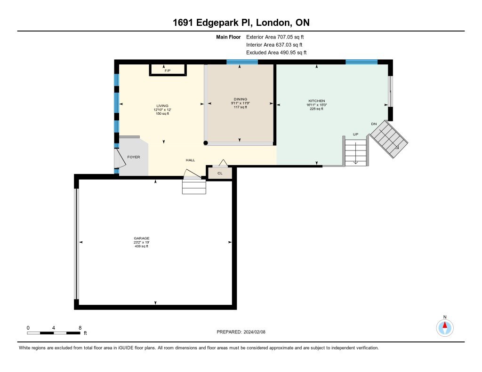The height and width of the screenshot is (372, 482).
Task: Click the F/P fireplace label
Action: (x=168, y=71)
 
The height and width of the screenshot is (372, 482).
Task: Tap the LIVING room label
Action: (x=162, y=106)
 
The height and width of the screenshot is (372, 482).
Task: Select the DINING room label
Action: (x=241, y=99)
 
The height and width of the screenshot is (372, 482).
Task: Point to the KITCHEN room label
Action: (x=317, y=101)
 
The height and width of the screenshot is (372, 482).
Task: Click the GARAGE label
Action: (x=142, y=238)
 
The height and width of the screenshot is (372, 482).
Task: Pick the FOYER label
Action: (x=134, y=157)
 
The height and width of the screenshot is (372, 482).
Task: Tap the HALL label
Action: (x=190, y=160)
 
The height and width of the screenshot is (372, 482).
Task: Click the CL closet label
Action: (x=220, y=173)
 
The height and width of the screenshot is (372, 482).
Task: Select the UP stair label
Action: (x=356, y=134)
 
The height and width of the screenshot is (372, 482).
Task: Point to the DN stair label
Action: (x=374, y=124)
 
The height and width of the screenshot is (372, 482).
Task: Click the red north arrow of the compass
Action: (x=445, y=325)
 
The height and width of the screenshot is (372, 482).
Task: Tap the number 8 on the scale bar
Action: (x=80, y=328)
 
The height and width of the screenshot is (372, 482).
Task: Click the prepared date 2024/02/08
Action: (x=255, y=332)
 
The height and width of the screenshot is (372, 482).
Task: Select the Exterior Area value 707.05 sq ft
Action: (x=290, y=37)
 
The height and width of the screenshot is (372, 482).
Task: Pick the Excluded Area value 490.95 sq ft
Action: (x=293, y=53)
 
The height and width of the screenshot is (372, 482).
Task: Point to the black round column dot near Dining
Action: (x=206, y=143)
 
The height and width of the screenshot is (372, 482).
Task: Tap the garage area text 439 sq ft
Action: (x=142, y=246)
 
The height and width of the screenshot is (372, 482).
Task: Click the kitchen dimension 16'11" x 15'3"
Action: (x=317, y=105)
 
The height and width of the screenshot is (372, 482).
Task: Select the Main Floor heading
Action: (x=228, y=37)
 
